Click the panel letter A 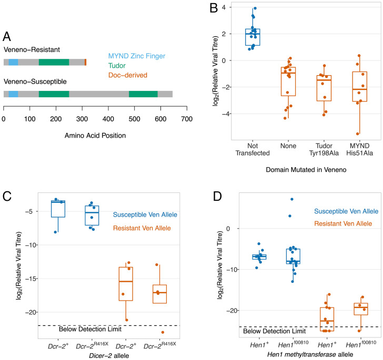pyautogui.click(x=8, y=37)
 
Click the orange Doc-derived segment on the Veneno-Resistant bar pyautogui.click(x=85, y=62)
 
